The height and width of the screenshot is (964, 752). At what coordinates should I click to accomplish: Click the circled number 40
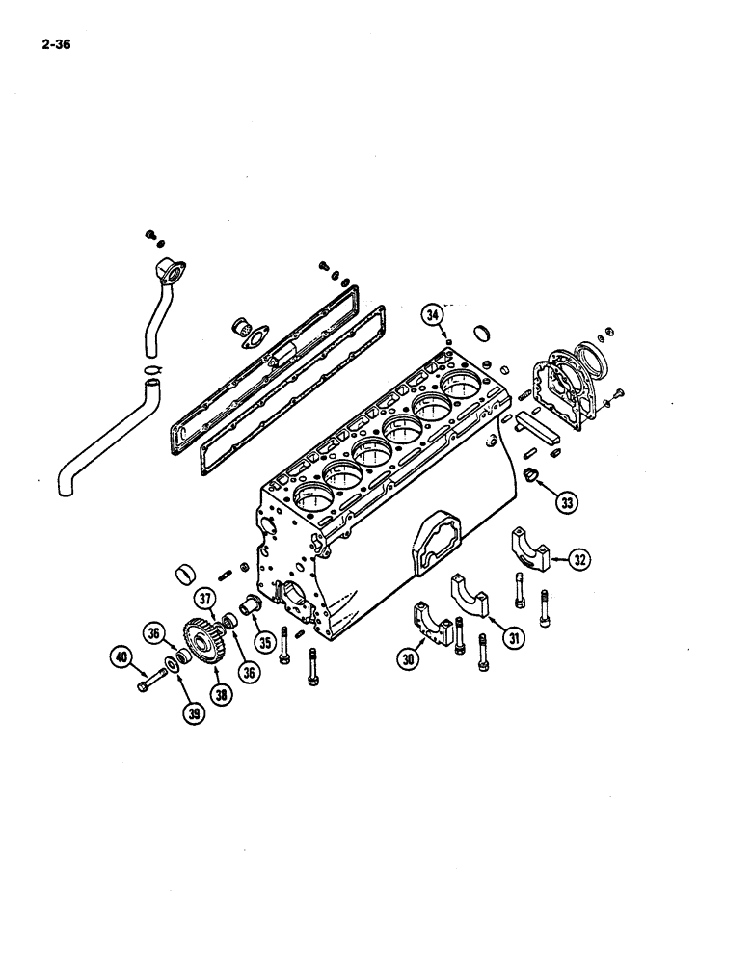(x=121, y=658)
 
